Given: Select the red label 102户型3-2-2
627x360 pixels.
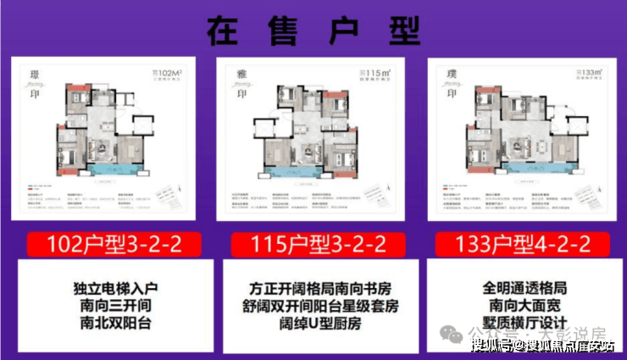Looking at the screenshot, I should point(109,246).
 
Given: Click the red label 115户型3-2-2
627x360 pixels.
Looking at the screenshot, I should point(314,246).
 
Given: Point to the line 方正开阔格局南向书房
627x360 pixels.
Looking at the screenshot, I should point(313,286).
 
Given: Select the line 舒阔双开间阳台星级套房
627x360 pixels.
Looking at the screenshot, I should point(313,304).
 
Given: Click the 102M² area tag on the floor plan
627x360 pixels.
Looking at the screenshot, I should point(170,73).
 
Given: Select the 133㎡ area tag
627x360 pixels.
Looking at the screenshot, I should point(586,74).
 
